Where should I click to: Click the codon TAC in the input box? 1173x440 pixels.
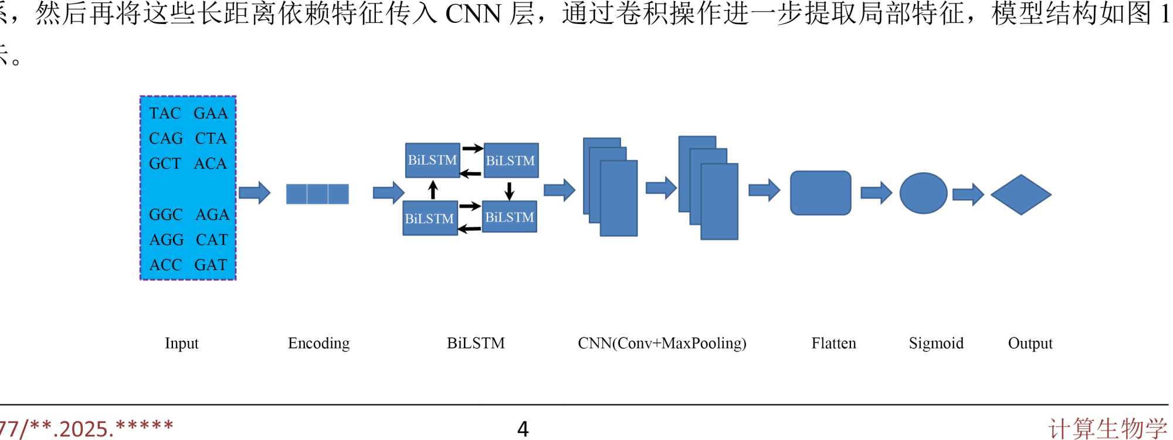165,113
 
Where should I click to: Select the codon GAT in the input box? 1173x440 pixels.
211,265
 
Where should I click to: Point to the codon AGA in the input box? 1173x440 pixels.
212,214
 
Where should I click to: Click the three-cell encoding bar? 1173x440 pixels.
317,194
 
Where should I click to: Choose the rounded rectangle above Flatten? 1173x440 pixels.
821,193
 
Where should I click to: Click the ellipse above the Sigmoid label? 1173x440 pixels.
923,193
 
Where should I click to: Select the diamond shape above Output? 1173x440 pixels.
1021,195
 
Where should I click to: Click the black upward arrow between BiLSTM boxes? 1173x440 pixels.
433,190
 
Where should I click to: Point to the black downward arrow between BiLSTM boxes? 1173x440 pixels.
509,190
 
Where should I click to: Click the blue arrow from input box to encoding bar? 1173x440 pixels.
255,192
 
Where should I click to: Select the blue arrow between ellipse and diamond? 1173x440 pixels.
968,194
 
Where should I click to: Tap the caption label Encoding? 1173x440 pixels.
318,343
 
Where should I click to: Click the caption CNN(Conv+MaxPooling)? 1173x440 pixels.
662,343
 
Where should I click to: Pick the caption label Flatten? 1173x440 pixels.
833,343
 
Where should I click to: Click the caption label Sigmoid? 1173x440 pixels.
936,343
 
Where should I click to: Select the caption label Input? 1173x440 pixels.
182,343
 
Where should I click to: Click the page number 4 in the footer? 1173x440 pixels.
523,429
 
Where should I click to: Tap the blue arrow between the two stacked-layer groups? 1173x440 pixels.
661,187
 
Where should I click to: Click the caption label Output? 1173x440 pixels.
1030,343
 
